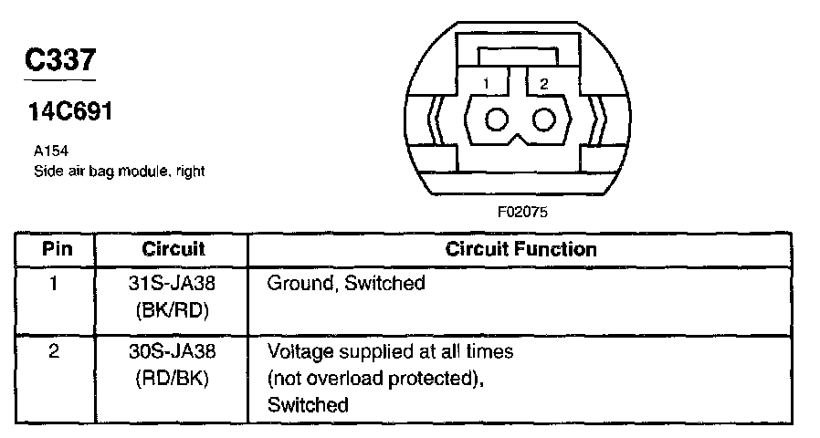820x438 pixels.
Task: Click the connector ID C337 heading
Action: [59, 62]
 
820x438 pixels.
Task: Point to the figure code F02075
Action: [523, 211]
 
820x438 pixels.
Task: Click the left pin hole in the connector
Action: [499, 120]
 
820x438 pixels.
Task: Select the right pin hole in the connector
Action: [544, 120]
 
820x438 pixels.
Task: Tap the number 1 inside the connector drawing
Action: [488, 84]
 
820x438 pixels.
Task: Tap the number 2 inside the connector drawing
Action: [544, 84]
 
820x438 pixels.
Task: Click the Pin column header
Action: [57, 248]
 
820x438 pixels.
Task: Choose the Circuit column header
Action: [173, 248]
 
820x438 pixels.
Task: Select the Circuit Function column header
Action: [520, 248]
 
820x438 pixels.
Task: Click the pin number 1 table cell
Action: [54, 283]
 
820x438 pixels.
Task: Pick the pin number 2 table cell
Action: [54, 350]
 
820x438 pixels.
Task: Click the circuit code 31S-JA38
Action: [173, 283]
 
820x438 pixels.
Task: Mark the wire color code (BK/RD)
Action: [173, 309]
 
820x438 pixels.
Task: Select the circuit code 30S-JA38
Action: [173, 350]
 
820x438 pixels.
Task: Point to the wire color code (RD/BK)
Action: [173, 377]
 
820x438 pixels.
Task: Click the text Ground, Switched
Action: [346, 283]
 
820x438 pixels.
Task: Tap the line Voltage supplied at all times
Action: [390, 350]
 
